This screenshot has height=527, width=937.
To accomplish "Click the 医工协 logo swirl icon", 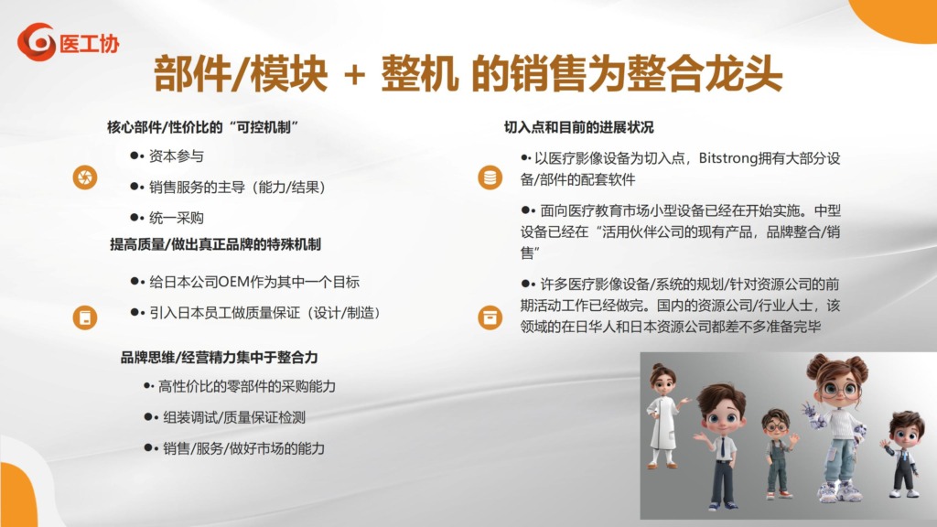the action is tap(37, 42).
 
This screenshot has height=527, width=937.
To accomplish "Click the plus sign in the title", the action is tap(354, 75).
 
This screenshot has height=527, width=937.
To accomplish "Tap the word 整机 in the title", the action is tap(419, 74).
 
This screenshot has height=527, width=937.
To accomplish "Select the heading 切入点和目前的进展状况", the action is tap(578, 127).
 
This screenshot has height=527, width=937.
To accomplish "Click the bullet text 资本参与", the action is tap(177, 156).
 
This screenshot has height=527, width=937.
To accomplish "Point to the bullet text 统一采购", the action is tap(177, 218).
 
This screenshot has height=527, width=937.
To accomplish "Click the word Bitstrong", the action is tap(727, 158).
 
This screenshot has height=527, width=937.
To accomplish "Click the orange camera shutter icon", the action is tap(85, 177).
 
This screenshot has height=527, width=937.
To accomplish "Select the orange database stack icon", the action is tap(490, 177).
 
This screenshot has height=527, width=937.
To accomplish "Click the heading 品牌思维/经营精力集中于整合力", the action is tap(220, 358).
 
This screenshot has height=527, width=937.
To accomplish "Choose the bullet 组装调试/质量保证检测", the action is tap(234, 417).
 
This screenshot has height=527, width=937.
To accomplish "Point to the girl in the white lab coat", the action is tap(664, 415).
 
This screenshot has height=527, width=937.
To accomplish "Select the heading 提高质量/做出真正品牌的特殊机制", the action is tap(215, 244).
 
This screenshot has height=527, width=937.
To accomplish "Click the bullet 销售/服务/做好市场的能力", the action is tap(243, 448).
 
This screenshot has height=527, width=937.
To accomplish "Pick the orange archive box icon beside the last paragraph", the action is tap(490, 317).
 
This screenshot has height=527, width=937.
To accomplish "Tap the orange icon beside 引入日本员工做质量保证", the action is tap(85, 317).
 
